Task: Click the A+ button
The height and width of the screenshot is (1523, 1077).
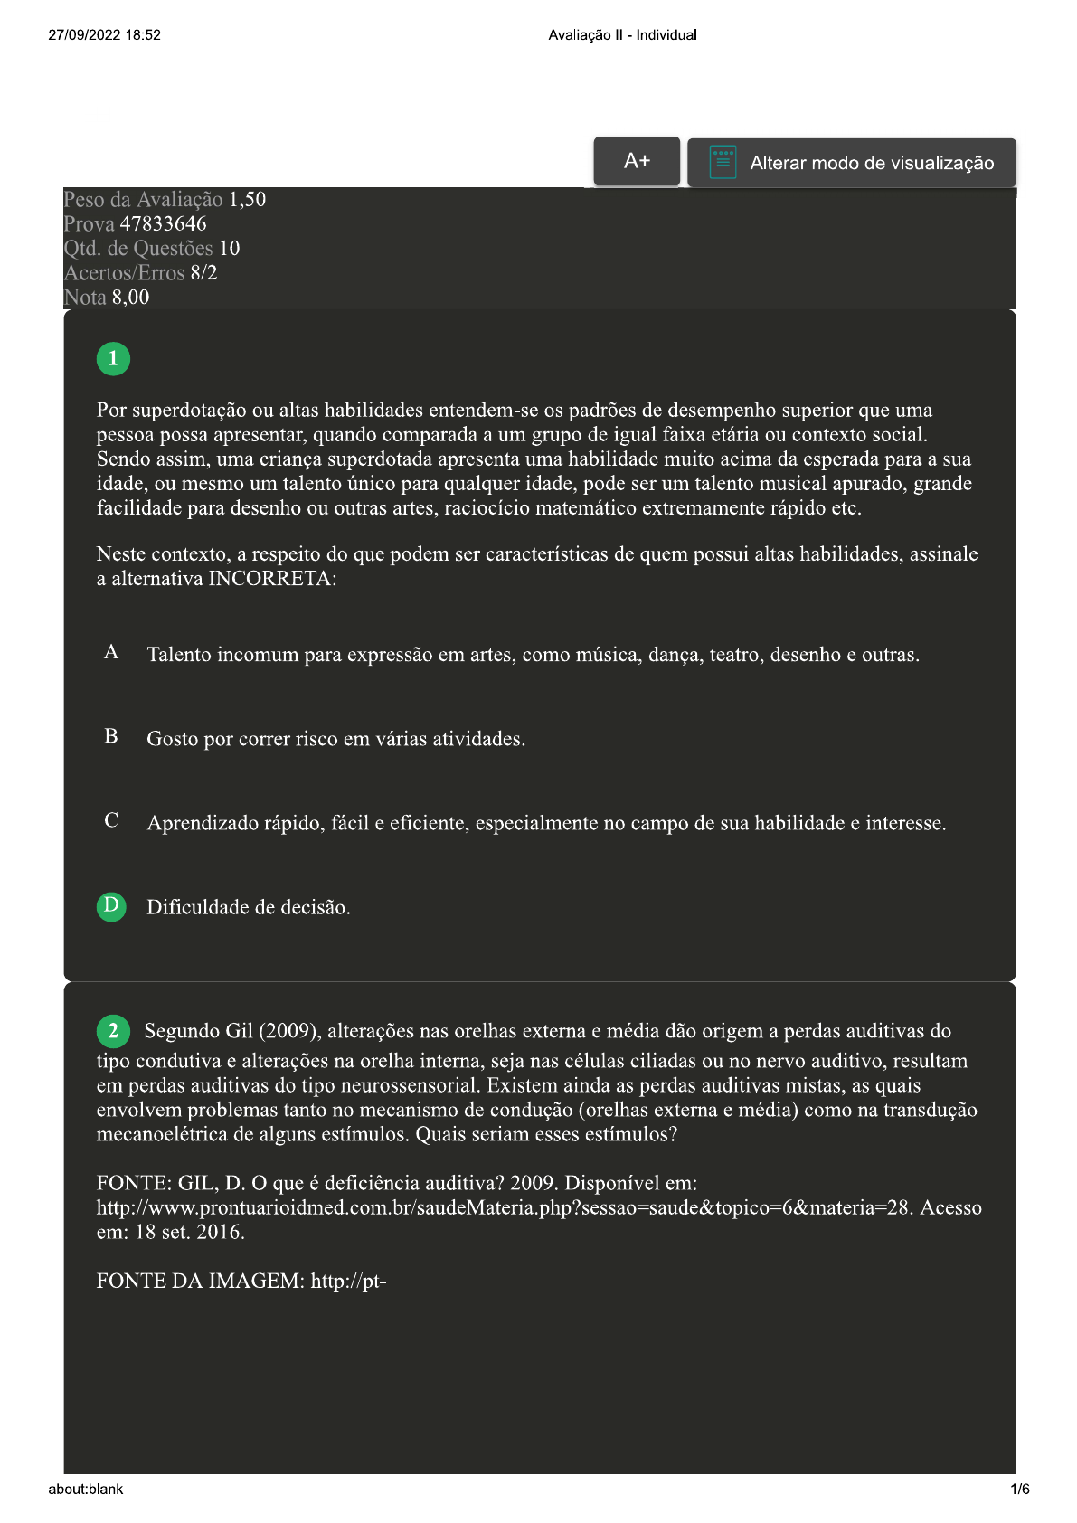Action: click(637, 162)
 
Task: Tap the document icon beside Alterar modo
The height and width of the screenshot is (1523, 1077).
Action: click(723, 163)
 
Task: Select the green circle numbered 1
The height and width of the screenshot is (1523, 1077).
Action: click(113, 359)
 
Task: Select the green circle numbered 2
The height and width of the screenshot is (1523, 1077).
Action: click(113, 1031)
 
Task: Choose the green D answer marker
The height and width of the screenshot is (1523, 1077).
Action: click(111, 906)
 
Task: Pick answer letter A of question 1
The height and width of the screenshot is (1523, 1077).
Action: click(111, 653)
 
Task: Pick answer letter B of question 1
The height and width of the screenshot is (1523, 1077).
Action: click(111, 737)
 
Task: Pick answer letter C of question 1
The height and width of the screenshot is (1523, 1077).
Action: click(111, 821)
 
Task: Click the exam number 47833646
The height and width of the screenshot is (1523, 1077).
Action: click(163, 224)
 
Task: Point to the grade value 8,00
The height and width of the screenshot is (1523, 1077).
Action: click(130, 298)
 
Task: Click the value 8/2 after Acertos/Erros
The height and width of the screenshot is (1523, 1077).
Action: click(203, 273)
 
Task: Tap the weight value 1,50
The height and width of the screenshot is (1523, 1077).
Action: click(247, 200)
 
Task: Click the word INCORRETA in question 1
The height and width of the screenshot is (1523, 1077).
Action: click(272, 579)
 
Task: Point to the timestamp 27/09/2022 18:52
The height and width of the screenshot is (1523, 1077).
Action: click(104, 35)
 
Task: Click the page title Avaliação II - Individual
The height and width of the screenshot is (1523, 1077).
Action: click(622, 35)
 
